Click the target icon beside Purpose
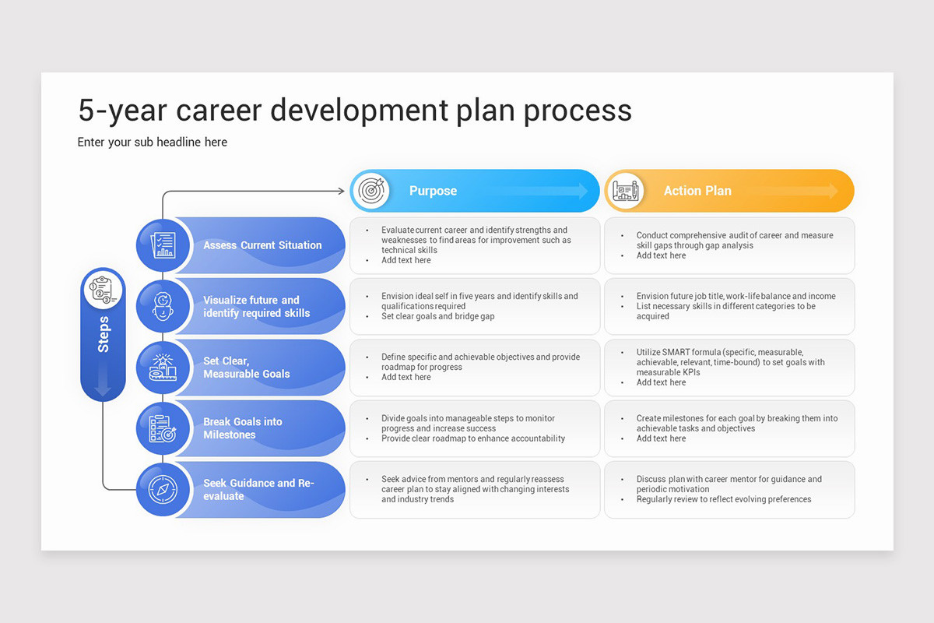[x=370, y=191]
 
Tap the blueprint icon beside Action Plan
[x=626, y=191]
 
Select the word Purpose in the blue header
[x=433, y=191]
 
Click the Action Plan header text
[x=697, y=191]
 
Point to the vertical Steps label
[x=104, y=334]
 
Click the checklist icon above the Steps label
[x=104, y=290]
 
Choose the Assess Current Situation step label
[x=262, y=245]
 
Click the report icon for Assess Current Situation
[x=163, y=245]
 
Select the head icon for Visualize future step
[x=163, y=306]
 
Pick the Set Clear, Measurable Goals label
[x=246, y=368]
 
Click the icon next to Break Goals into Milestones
[x=163, y=428]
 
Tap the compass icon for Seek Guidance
[x=163, y=489]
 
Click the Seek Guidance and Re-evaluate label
[x=258, y=489]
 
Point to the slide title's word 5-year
[x=121, y=111]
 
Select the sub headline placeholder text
[x=153, y=143]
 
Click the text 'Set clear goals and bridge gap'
[x=437, y=316]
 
